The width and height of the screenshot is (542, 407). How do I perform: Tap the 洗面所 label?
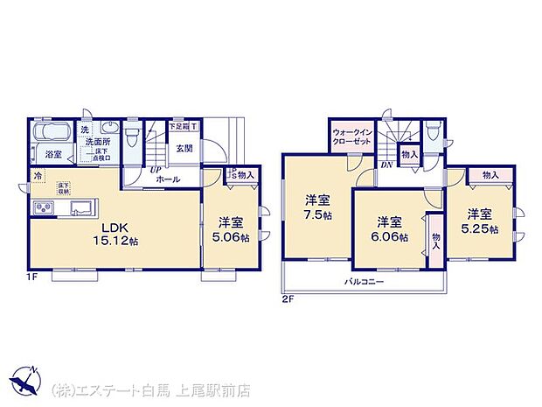pyautogui.click(x=95, y=141)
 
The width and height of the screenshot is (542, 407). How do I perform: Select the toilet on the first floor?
pyautogui.click(x=132, y=138)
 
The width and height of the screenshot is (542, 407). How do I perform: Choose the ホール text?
pyautogui.click(x=168, y=179)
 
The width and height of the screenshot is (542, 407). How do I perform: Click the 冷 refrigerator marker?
pyautogui.click(x=38, y=176)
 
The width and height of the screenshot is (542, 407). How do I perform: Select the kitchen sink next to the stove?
pyautogui.click(x=81, y=207)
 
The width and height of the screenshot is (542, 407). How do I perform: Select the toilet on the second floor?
pyautogui.click(x=434, y=134)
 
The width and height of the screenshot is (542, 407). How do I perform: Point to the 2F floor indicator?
pyautogui.click(x=288, y=299)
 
